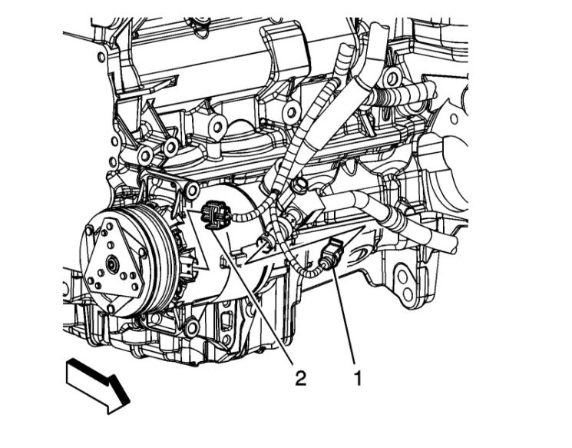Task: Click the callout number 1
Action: pos(359,378)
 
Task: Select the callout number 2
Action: pos(300,378)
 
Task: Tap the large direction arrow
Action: pos(98,386)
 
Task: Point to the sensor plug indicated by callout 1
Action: pos(329,254)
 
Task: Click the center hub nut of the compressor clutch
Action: pos(111,264)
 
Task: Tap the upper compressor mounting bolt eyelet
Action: pos(192,190)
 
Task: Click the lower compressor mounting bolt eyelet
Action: pos(191,326)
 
